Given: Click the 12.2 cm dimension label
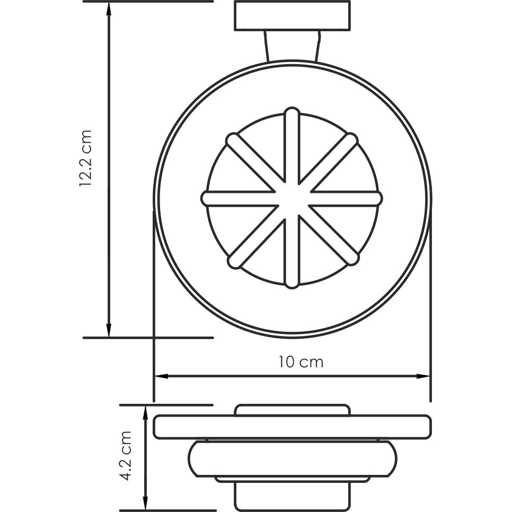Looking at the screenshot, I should (x=86, y=158).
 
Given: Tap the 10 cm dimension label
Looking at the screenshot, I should (x=301, y=363).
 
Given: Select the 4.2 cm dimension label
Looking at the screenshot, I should (x=126, y=455).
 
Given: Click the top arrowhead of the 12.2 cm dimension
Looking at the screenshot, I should (x=109, y=7).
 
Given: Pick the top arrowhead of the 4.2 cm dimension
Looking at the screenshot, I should (x=145, y=411).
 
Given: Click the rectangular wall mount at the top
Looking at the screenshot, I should (x=292, y=16).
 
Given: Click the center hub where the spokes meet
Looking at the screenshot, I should (x=292, y=198).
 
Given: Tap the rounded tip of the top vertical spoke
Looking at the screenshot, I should (x=292, y=113).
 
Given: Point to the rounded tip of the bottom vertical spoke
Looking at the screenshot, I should (x=292, y=283).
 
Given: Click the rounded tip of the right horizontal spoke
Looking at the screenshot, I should (x=377, y=198).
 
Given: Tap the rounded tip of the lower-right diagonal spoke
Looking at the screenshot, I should (x=352, y=258).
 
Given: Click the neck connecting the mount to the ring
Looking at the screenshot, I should (x=292, y=46).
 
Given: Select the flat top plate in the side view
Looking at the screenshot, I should (x=292, y=427).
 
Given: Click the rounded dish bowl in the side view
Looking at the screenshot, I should (x=292, y=458).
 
